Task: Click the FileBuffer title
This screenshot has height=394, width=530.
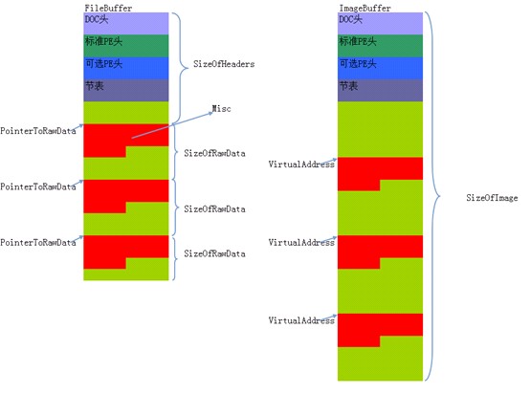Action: [108, 8]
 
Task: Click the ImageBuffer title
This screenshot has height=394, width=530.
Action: [364, 8]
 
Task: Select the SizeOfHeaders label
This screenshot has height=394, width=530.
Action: [224, 64]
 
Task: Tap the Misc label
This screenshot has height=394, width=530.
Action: [221, 108]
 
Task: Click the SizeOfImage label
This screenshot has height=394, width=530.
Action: [492, 198]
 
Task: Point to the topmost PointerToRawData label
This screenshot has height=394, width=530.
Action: [38, 131]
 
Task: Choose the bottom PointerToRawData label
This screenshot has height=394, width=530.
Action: [38, 242]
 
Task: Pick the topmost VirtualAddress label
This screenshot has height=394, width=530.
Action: [301, 164]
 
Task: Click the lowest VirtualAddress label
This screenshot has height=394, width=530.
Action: [301, 320]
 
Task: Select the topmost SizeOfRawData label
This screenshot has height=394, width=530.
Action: [214, 153]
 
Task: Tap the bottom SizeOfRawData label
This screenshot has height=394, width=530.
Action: [214, 253]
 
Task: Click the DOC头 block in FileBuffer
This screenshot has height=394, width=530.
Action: [126, 23]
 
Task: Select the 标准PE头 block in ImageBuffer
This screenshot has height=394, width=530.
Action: [380, 46]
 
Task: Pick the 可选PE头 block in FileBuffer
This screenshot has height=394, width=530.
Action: [126, 68]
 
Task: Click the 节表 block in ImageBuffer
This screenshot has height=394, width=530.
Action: [380, 90]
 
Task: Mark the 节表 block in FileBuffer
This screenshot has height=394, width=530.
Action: [126, 90]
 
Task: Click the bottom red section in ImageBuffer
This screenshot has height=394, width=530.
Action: [380, 324]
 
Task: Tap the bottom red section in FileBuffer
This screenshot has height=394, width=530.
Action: [126, 247]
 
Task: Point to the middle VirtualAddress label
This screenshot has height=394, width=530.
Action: [301, 242]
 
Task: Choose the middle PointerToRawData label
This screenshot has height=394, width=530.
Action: [38, 186]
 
